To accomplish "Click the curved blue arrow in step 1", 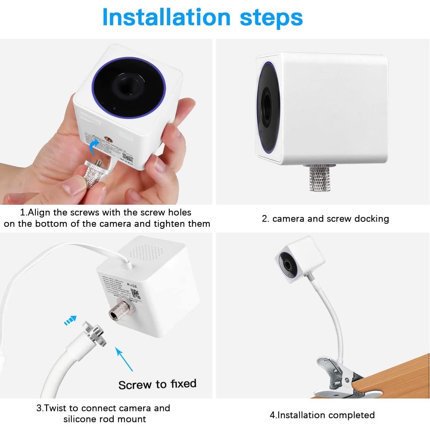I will point(94,146).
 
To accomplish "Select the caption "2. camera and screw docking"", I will point(325,219).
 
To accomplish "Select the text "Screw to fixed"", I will point(157,384).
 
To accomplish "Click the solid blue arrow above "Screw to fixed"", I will point(124,359).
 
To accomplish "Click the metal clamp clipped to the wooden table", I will point(333,375).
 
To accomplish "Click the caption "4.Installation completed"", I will point(322,415).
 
